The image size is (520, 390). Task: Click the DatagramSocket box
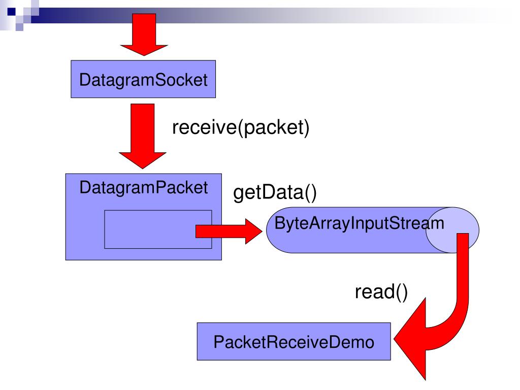pos(143,79)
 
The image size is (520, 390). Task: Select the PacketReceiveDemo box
pos(294,341)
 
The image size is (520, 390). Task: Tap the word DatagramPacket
pos(144,188)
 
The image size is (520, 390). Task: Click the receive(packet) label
pos(241,127)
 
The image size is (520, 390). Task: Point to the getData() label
pos(275,192)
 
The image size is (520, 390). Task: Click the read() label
pos(381,292)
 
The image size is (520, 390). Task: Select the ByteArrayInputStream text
pos(359,223)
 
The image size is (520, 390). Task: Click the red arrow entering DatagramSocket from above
pos(144,35)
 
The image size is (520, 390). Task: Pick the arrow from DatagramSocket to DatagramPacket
pos(143,136)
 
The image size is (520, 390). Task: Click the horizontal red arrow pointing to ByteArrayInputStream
pos(229,231)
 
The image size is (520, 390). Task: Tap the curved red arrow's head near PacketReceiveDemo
pos(410,339)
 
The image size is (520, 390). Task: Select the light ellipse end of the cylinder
pos(452,230)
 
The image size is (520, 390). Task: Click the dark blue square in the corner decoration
pos(12,12)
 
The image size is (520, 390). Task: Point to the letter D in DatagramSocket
pos(85,80)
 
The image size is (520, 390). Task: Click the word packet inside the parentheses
pos(274,127)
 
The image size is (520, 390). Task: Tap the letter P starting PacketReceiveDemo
pos(219,342)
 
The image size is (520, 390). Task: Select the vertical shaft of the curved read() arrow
pos(463,265)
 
